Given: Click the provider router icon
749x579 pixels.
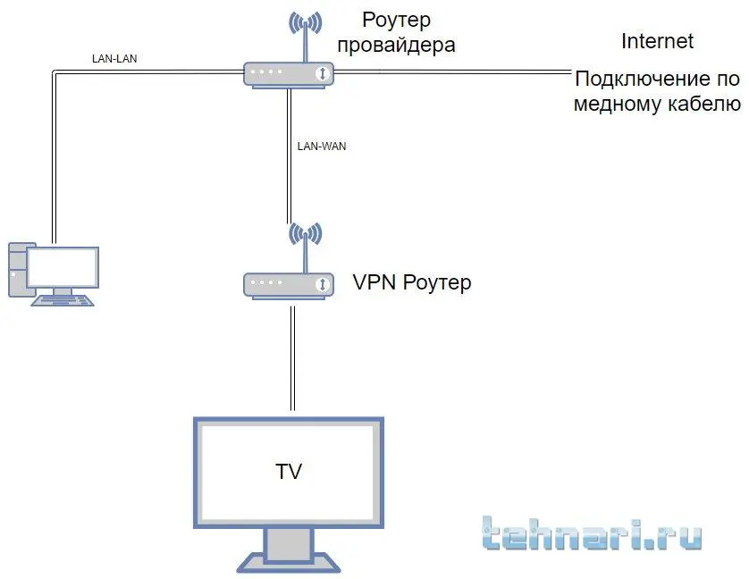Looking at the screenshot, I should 288,74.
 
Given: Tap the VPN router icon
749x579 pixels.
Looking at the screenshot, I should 288,284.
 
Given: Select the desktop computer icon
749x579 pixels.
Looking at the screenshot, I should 54,273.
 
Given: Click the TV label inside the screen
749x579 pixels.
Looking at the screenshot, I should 288,470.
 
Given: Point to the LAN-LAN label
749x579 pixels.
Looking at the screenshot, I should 114,60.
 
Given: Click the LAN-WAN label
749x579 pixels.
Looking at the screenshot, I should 320,146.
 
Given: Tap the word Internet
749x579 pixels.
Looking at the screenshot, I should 657,41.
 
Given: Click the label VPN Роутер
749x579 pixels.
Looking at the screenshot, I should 412,283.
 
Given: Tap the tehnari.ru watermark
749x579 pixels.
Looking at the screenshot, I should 590,533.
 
